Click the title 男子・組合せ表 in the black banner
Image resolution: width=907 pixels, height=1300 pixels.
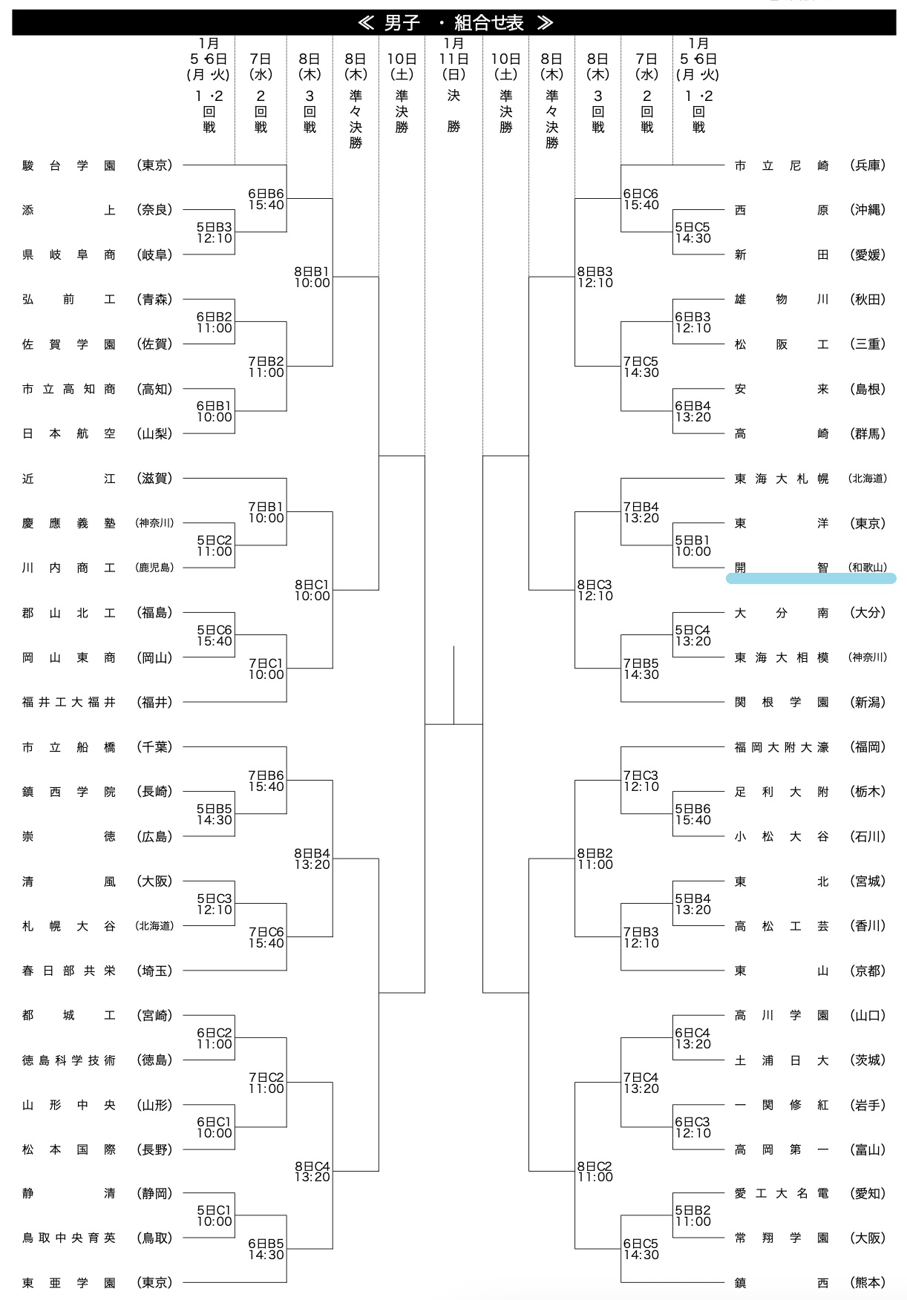coord(454,23)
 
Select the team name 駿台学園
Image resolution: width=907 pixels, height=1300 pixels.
coord(69,165)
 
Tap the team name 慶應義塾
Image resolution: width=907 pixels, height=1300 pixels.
coord(69,523)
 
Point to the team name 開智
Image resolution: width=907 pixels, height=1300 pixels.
coord(781,568)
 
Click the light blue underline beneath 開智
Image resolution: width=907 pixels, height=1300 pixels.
coord(811,579)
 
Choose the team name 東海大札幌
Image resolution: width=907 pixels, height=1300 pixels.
coord(781,479)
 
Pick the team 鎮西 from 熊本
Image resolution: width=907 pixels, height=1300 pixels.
coord(781,1282)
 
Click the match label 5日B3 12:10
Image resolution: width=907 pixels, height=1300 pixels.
coord(215,233)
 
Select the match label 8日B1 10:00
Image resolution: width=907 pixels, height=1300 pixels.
coord(312,278)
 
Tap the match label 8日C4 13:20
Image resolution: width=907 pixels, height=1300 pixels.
coord(312,1172)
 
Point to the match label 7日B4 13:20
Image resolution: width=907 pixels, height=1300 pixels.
coord(641,513)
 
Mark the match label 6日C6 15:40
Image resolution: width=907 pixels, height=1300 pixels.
coord(641,200)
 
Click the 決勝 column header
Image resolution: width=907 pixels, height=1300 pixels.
coord(453,111)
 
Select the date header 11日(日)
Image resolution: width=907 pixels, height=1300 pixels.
coord(453,66)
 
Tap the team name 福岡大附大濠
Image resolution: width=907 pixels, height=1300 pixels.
coord(781,747)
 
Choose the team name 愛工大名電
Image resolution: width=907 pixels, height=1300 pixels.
coord(781,1193)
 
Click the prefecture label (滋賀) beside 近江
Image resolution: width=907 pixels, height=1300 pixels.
coord(154,479)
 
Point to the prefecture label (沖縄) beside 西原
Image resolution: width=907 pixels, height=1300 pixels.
coord(867,210)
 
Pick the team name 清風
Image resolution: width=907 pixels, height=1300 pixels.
coord(69,882)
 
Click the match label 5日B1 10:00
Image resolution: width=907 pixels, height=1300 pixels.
coord(693,546)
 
